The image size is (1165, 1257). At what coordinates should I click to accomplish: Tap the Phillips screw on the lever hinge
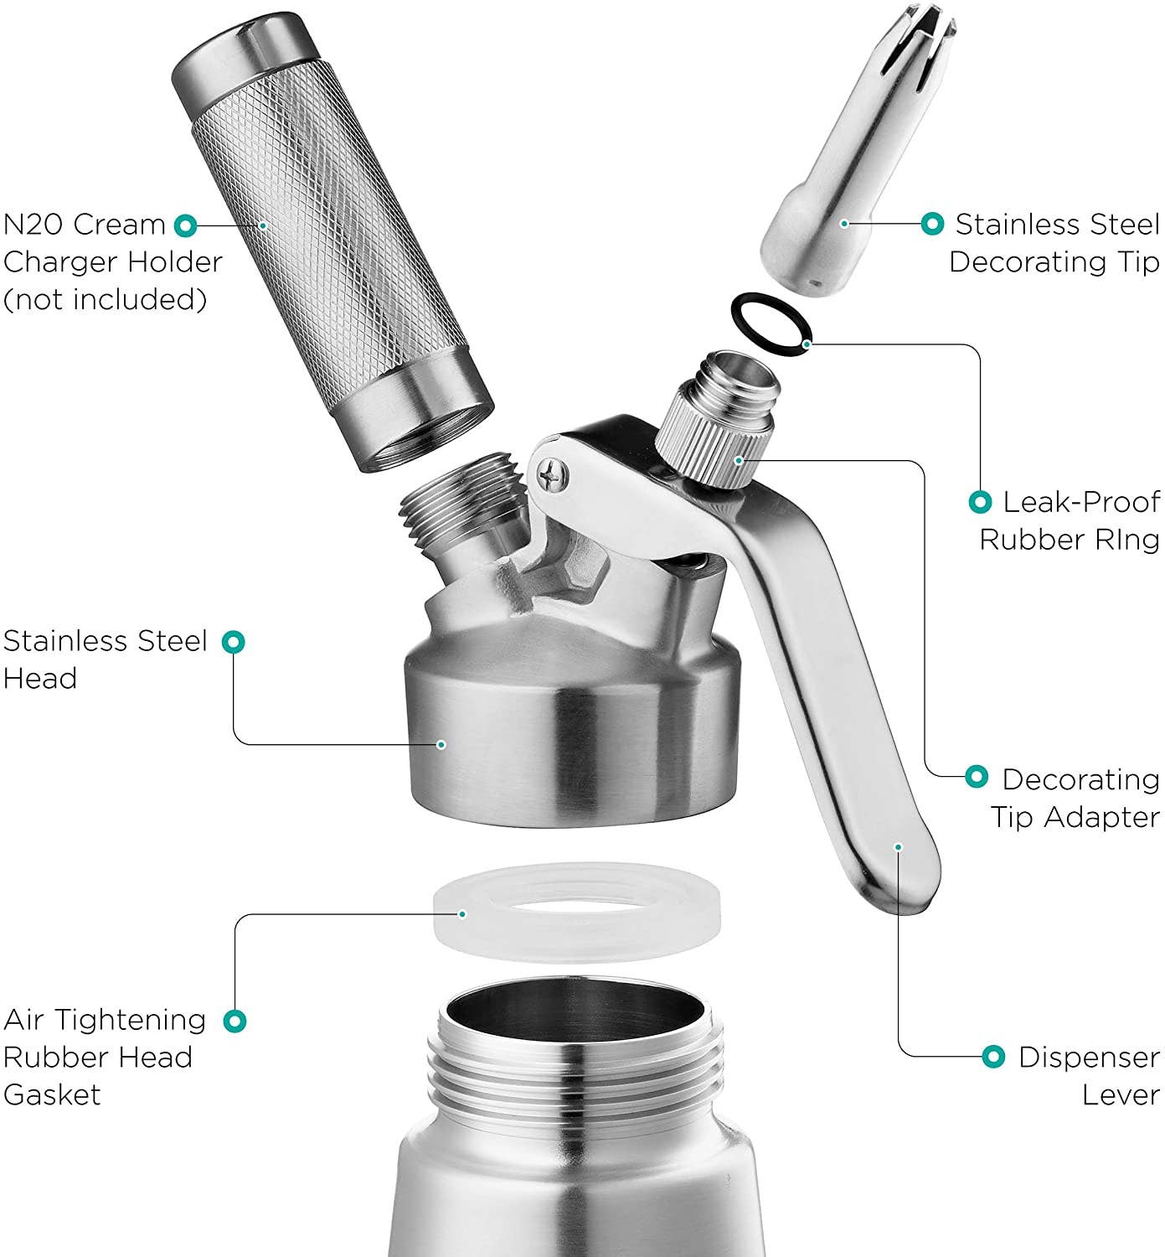pyautogui.click(x=553, y=473)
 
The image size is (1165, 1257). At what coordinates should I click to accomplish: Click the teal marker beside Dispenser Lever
pyautogui.click(x=992, y=1056)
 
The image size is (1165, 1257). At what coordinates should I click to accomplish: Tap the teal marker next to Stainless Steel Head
pyautogui.click(x=234, y=642)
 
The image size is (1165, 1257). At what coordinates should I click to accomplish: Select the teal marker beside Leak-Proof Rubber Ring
pyautogui.click(x=980, y=502)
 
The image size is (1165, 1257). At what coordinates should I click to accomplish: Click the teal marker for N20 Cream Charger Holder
pyautogui.click(x=185, y=225)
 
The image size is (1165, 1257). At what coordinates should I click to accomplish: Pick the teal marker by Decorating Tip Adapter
pyautogui.click(x=977, y=776)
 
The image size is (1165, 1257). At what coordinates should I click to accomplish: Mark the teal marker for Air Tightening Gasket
pyautogui.click(x=235, y=1021)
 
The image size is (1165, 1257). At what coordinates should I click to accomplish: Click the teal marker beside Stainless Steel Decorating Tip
pyautogui.click(x=932, y=224)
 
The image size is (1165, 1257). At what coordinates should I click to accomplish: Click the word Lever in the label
pyautogui.click(x=1121, y=1094)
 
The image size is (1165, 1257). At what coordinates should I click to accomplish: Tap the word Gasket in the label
pyautogui.click(x=52, y=1095)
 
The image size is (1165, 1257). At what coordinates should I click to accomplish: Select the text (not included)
pyautogui.click(x=105, y=299)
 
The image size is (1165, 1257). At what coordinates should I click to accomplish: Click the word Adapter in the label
pyautogui.click(x=1101, y=817)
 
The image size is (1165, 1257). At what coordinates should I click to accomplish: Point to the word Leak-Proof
pyautogui.click(x=1081, y=502)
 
